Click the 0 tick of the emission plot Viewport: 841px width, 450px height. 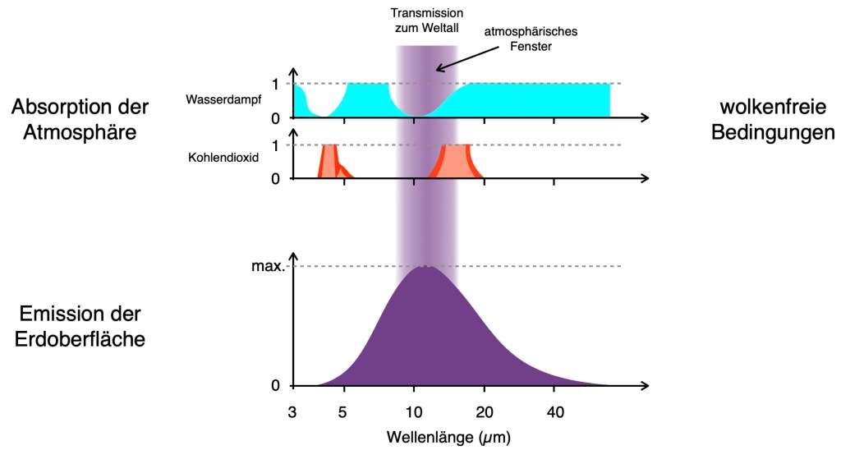pyautogui.click(x=276, y=385)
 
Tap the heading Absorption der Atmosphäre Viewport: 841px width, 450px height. pyautogui.click(x=80, y=119)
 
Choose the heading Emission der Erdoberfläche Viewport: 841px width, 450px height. pyautogui.click(x=80, y=325)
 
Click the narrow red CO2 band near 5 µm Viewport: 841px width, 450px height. pyautogui.click(x=330, y=162)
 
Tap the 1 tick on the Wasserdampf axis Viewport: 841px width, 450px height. pyautogui.click(x=277, y=84)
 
